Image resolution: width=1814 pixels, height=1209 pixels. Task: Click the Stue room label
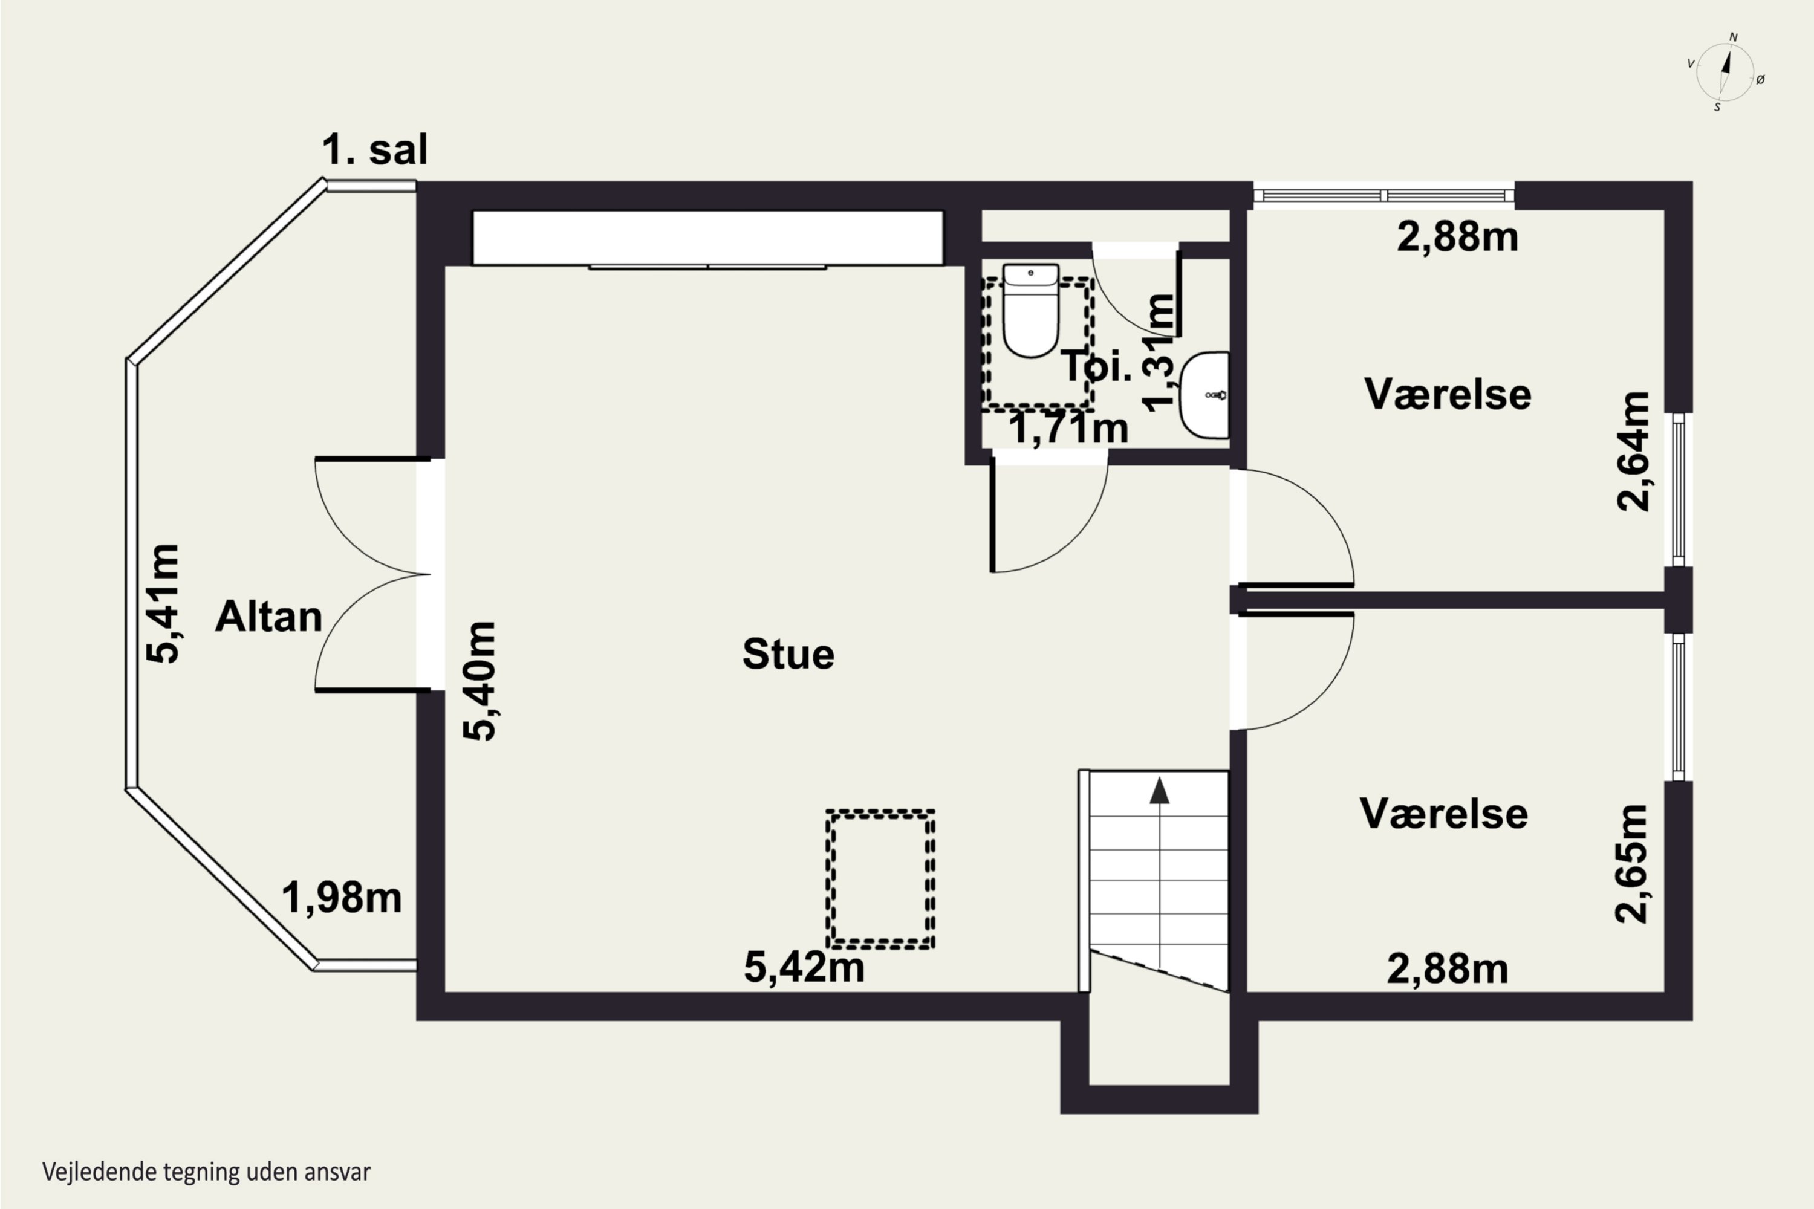point(788,654)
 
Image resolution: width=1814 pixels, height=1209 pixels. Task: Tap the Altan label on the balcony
point(268,617)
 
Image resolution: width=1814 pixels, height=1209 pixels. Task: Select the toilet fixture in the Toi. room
point(1030,310)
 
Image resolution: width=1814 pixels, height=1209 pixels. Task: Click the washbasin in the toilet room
point(1204,395)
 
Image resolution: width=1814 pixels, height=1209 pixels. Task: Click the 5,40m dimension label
point(479,681)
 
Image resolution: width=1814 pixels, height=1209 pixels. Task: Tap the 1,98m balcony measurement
point(342,898)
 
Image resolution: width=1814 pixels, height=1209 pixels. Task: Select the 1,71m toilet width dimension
point(1068,429)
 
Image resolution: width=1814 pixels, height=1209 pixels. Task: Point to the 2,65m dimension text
point(1631,864)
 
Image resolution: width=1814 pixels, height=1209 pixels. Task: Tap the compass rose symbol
point(1725,73)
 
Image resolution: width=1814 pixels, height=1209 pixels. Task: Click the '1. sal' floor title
point(374,149)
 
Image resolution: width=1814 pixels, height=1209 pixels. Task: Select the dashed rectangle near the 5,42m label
point(880,878)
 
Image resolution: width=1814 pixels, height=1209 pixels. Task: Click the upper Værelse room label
point(1448,394)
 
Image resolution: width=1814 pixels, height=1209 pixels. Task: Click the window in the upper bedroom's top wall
point(1383,195)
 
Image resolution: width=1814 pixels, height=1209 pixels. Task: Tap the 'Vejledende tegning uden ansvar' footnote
point(207,1172)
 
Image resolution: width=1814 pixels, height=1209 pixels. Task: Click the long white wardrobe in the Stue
point(708,238)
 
